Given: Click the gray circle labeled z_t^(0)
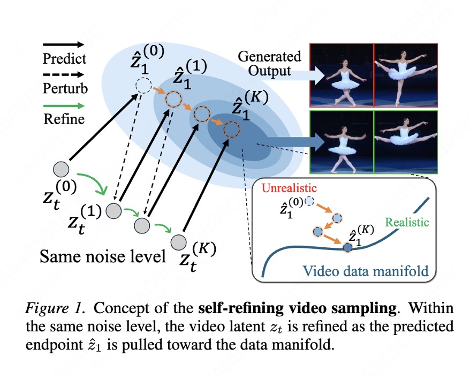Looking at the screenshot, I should coord(61,170).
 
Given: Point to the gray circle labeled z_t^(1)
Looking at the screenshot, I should coord(113,210).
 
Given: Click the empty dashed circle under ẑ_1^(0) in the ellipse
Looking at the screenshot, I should coord(143,86).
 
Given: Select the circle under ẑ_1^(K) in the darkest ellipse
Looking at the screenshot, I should coord(232,130).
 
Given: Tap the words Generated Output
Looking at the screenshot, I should coord(270,63).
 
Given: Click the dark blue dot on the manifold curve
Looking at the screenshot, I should coord(347,248).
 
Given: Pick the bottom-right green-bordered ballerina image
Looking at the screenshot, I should coord(406,141).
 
